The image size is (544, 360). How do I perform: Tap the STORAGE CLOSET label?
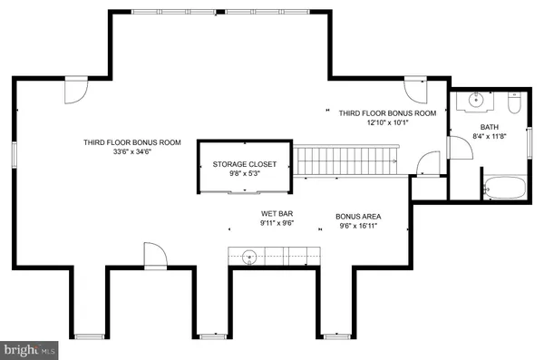click(x=239, y=164)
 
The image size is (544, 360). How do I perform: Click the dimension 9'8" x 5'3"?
click(x=239, y=174)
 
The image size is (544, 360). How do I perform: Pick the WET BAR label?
click(x=273, y=215)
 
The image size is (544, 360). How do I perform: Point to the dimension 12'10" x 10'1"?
click(x=387, y=122)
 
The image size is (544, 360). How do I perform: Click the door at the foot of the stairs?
click(x=421, y=163)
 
